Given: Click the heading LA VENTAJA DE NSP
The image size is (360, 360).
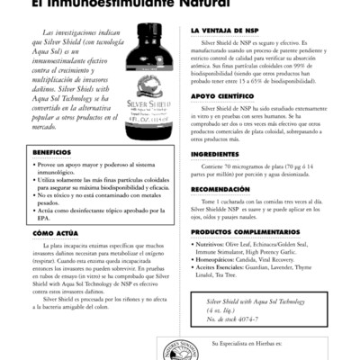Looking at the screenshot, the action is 225,30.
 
